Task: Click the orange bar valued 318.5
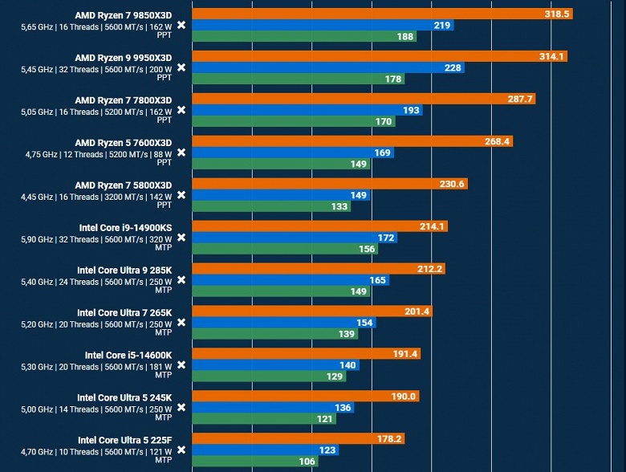(x=382, y=14)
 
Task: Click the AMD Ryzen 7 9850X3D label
(x=124, y=15)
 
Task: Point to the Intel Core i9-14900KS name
(x=125, y=227)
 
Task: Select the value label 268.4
(x=494, y=141)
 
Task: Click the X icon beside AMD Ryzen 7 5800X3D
(x=181, y=195)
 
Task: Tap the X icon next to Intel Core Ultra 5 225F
(x=181, y=450)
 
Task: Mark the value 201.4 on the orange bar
(x=415, y=311)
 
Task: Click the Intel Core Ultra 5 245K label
(x=124, y=397)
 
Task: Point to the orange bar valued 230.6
(x=330, y=184)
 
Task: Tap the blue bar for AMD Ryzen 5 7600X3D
(x=293, y=153)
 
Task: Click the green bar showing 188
(x=305, y=36)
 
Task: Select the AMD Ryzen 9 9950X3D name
(x=124, y=58)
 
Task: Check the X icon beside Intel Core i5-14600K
(x=181, y=364)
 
